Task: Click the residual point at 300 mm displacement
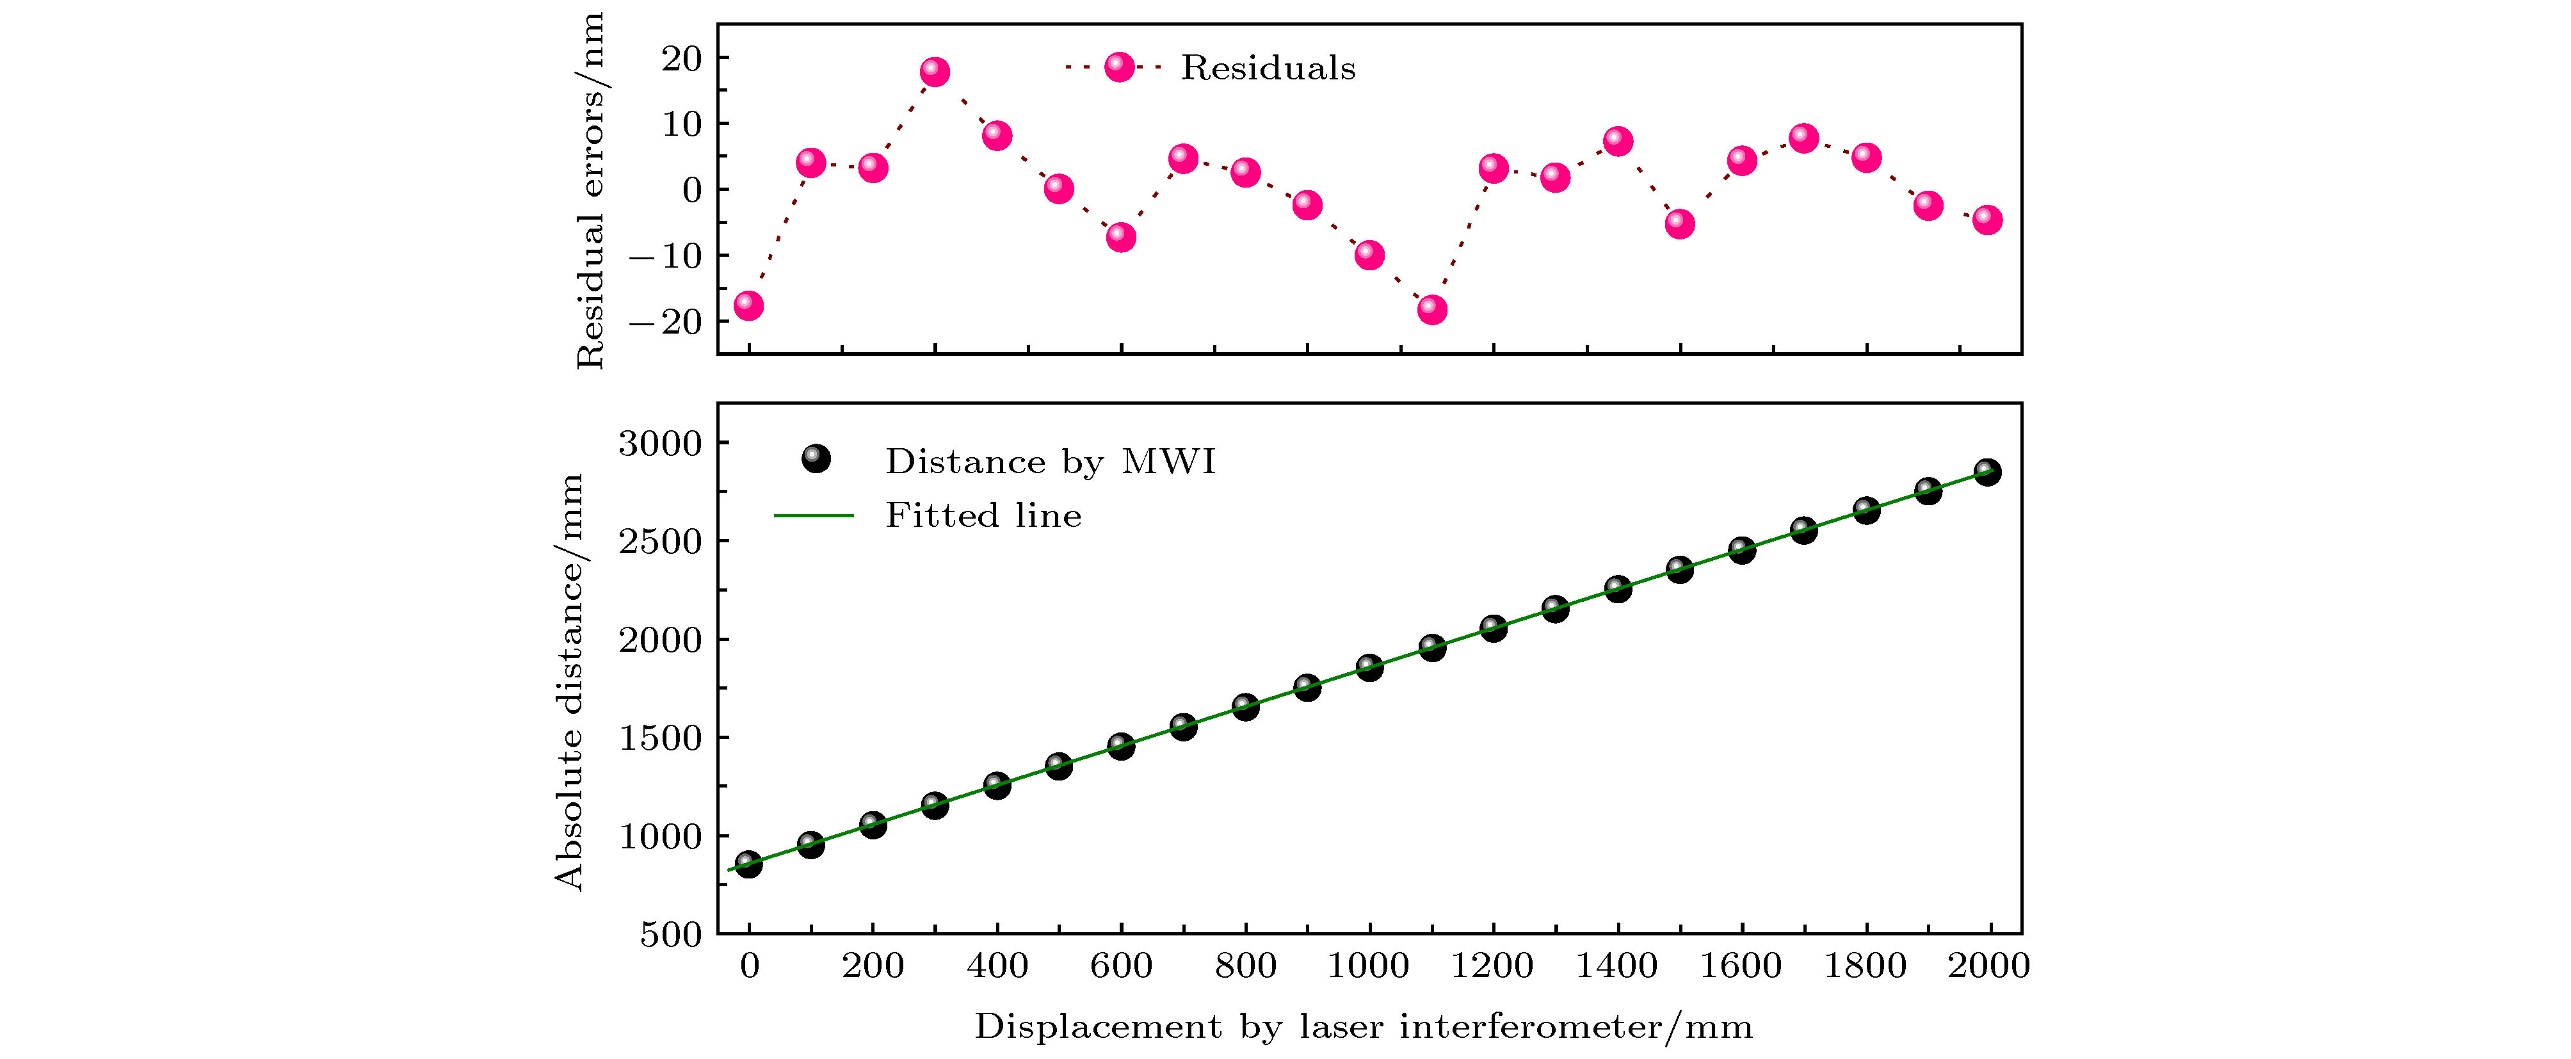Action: (934, 72)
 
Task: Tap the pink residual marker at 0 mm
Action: (748, 305)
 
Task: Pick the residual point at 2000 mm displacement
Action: (1987, 220)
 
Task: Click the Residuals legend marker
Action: (1119, 68)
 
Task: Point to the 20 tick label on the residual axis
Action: (682, 59)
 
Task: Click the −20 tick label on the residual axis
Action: (666, 321)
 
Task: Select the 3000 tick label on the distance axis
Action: (661, 443)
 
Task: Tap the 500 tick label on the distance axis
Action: (671, 935)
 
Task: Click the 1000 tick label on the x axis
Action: (1368, 966)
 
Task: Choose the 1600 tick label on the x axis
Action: (1741, 966)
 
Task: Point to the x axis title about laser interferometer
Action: (1364, 1027)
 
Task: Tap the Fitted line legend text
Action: (983, 516)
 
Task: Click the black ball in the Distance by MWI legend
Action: (816, 459)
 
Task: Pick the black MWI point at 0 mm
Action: (748, 864)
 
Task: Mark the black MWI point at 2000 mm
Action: (1987, 472)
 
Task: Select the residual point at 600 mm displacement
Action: (1121, 236)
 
